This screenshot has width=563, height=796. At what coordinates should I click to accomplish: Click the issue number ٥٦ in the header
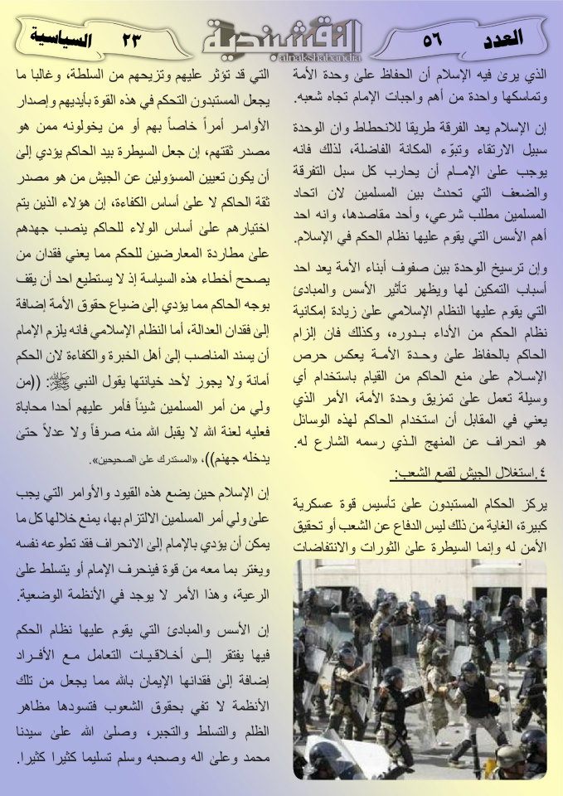click(x=433, y=38)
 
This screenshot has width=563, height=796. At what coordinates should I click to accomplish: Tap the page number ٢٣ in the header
click(x=133, y=38)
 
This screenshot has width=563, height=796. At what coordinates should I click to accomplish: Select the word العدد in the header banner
click(x=502, y=37)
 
